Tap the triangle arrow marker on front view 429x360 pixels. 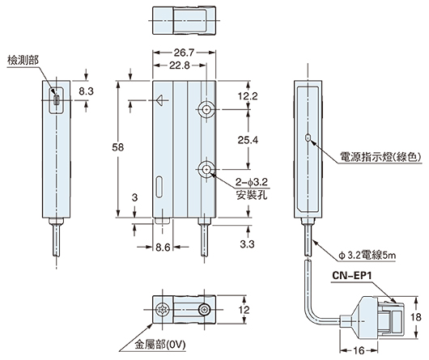162,102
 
